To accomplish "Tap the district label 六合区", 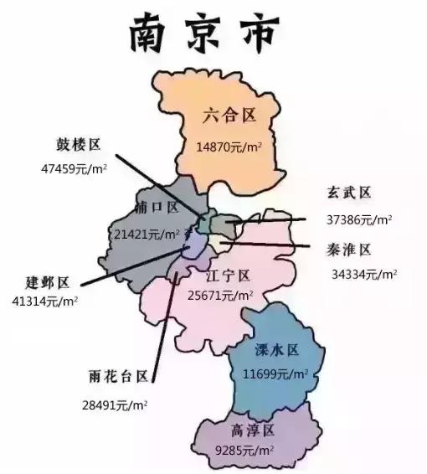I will [x=229, y=116].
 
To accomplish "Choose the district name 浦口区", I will [x=156, y=207].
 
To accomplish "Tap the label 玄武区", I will [x=348, y=193].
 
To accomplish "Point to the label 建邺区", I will [x=48, y=281].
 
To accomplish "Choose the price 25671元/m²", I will [x=220, y=296].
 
